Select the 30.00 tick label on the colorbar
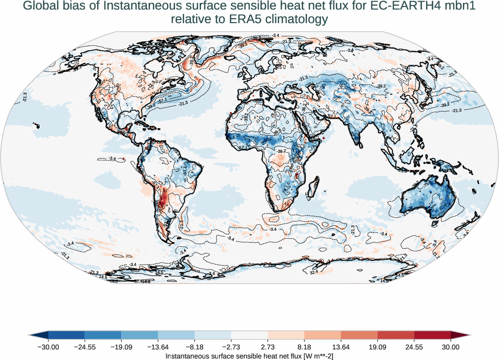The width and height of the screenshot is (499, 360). coord(451,347)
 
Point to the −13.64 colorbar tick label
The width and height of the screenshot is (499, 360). coord(157,347)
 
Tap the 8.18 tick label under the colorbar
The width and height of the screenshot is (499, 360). coord(304,347)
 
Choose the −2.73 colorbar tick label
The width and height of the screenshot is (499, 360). coord(231,347)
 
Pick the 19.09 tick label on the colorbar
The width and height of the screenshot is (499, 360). coord(377,347)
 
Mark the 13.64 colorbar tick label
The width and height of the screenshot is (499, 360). coord(341,347)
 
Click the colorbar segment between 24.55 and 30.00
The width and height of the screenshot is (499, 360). coord(433,335)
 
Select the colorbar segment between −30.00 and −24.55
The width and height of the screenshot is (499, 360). coord(66,335)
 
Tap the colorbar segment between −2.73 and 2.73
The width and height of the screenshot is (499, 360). coord(249,335)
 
